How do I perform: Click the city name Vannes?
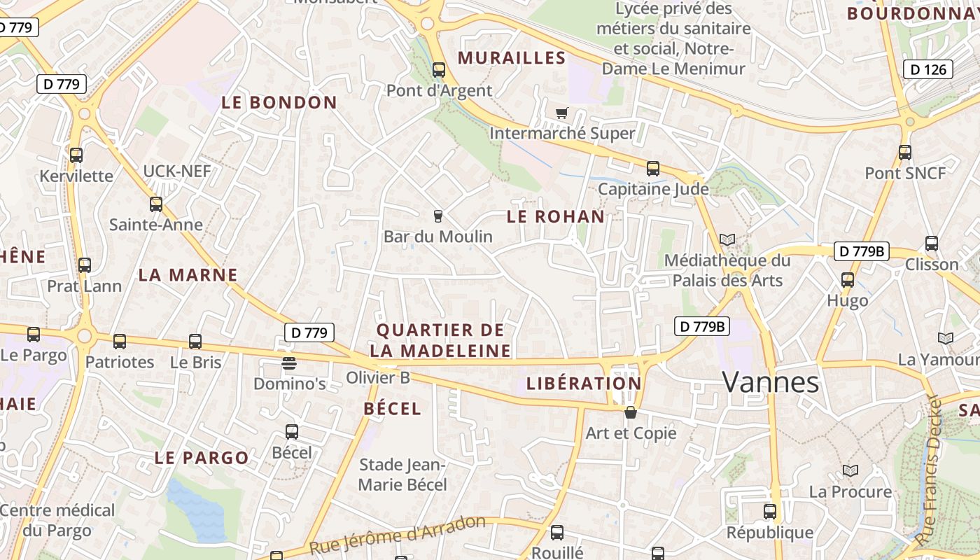(770, 382)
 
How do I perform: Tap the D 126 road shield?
(928, 69)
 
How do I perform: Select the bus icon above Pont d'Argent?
(439, 70)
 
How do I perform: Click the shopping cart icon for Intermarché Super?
(561, 113)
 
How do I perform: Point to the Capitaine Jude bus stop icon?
(653, 169)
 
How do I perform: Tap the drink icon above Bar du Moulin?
(438, 216)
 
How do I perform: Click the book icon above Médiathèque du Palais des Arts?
(727, 240)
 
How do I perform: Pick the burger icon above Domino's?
(289, 363)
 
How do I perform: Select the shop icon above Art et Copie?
(631, 412)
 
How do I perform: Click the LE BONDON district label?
(279, 103)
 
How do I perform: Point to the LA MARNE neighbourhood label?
(188, 275)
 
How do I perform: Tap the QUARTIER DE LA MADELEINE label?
(440, 340)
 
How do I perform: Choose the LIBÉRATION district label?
(584, 384)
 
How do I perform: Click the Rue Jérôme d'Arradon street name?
(397, 536)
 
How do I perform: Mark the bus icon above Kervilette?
(76, 155)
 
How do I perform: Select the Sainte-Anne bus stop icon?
(156, 204)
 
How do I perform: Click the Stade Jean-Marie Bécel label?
(402, 475)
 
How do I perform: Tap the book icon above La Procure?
(850, 471)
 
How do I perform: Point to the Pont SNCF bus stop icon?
(905, 152)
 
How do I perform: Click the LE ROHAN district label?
(555, 217)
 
